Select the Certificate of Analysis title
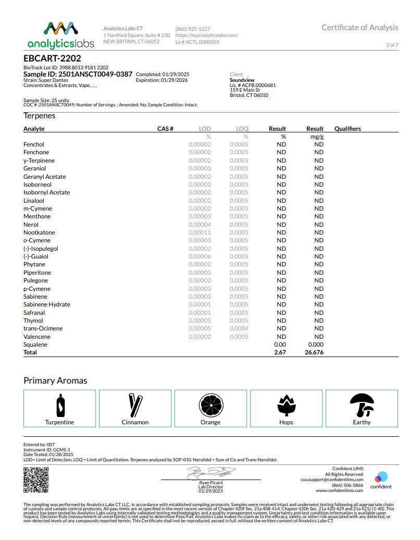360,28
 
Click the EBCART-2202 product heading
52,58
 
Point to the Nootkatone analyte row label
39,232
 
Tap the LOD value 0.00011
200,232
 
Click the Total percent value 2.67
280,352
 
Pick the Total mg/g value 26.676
314,352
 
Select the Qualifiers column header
348,128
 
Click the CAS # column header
165,128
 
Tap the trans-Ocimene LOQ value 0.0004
239,328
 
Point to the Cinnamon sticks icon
135,405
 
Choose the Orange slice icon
211,405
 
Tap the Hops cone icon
286,405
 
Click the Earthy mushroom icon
362,404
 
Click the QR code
36,480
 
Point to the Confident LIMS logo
381,480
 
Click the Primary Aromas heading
55,381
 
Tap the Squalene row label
35,345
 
